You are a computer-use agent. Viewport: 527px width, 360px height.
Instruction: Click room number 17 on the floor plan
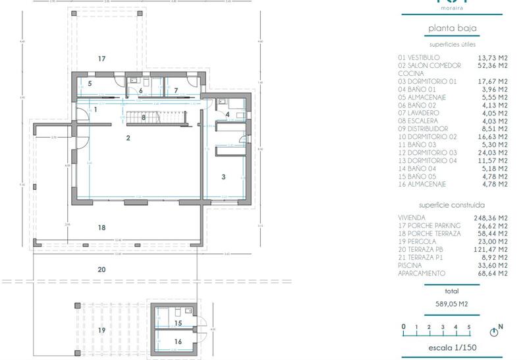[101, 59]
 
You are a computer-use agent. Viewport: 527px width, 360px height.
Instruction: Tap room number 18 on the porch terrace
[101, 227]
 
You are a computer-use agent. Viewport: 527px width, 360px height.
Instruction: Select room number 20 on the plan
[101, 269]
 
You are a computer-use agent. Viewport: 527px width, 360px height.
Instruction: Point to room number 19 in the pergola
[101, 330]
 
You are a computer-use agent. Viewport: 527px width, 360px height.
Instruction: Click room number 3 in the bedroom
[223, 177]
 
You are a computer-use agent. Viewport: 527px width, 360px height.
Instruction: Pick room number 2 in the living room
[128, 138]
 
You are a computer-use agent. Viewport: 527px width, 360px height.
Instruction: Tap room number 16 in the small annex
[178, 342]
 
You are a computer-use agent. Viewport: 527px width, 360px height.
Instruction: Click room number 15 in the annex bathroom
[178, 323]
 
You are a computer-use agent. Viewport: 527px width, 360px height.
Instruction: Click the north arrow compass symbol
[495, 331]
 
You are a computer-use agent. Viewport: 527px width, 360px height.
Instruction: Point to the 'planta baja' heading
[452, 28]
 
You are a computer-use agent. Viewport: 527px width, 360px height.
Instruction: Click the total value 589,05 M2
[452, 304]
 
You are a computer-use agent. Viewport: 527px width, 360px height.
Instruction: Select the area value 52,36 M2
[492, 66]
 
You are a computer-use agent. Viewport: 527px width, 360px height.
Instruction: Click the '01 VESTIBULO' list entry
[419, 58]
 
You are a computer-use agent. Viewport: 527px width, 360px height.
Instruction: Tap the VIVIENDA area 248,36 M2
[492, 218]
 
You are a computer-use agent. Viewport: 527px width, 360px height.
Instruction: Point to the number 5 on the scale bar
[469, 327]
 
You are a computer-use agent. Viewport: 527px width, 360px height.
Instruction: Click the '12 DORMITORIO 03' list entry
[428, 153]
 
